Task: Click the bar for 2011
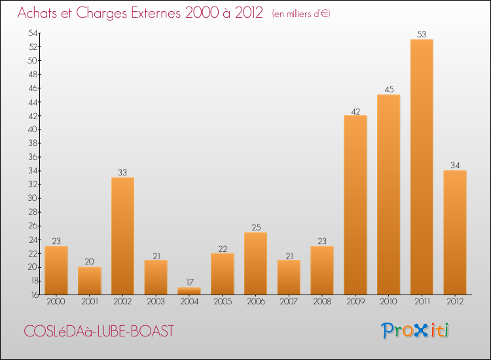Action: click(422, 167)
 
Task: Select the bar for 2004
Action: click(189, 291)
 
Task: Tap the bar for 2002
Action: click(123, 236)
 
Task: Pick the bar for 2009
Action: click(355, 205)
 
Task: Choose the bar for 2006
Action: click(256, 263)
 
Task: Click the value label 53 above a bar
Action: click(422, 34)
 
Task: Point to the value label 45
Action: click(389, 90)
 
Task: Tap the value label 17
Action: click(189, 283)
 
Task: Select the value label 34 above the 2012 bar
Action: click(455, 165)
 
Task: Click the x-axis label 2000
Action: click(56, 302)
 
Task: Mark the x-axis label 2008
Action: click(322, 302)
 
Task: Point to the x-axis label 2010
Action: click(389, 302)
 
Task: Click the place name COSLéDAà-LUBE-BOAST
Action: click(99, 331)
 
